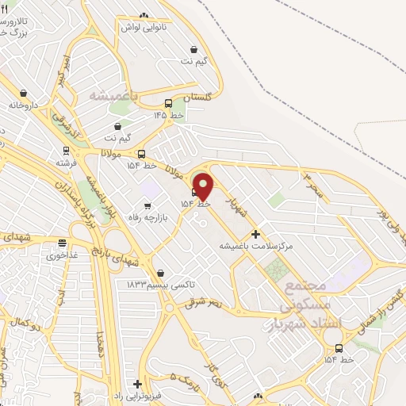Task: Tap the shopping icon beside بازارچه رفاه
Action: pos(147,207)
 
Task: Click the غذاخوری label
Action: pos(62,255)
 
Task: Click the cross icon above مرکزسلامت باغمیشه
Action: pos(255,234)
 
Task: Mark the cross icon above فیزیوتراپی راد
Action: pos(137,383)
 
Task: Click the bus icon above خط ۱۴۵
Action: pos(168,103)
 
